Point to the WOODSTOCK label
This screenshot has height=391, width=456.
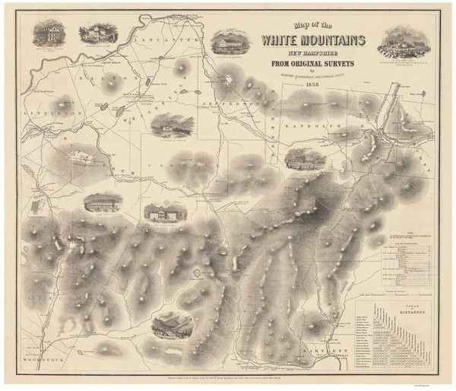(x=35, y=358)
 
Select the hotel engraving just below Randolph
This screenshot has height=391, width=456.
(x=305, y=159)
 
